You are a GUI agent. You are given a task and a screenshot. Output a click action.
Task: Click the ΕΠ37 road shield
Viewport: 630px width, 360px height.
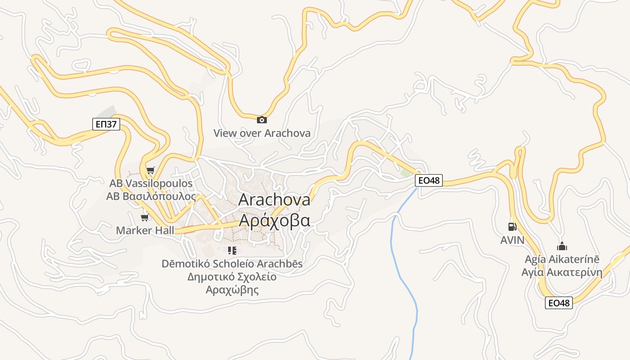point(106,124)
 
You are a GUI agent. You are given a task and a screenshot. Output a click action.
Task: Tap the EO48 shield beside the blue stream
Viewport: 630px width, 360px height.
point(429,181)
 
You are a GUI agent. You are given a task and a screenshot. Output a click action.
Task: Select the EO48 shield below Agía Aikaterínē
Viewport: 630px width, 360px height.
point(559,303)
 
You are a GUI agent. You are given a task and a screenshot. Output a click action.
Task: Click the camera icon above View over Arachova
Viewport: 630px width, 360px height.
point(261,120)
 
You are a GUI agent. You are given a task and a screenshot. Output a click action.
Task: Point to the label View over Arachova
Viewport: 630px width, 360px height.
point(262,133)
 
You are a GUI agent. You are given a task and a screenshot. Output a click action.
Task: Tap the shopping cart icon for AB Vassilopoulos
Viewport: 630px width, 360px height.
point(150,170)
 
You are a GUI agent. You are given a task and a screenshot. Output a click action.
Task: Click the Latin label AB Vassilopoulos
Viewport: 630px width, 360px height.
point(151,184)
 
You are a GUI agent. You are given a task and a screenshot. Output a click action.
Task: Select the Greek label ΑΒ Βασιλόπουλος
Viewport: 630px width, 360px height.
point(151,196)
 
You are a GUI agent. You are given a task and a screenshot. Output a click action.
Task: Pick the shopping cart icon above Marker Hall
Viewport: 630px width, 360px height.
point(144,218)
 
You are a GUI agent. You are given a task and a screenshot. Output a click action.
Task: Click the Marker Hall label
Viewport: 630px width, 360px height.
point(145,230)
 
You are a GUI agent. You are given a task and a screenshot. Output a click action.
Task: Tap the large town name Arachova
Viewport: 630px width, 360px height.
point(274,200)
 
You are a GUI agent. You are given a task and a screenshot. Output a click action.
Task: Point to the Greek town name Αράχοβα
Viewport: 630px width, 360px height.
point(274,220)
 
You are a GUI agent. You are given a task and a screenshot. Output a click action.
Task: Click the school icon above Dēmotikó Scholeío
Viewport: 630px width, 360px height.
point(232,250)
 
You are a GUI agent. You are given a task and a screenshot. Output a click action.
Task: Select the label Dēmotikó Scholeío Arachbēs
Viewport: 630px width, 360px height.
point(232,264)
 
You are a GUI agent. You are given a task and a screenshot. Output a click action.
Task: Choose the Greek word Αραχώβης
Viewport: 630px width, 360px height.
point(232,289)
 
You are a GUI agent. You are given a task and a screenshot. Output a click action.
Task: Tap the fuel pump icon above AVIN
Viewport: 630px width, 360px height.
point(512,226)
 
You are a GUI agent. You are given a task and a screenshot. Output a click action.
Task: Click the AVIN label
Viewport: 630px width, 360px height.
point(513,240)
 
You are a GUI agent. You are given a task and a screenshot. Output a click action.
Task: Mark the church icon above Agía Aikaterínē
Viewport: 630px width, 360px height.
point(562,246)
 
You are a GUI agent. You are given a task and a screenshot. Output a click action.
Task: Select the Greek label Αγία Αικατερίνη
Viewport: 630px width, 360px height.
point(562,272)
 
